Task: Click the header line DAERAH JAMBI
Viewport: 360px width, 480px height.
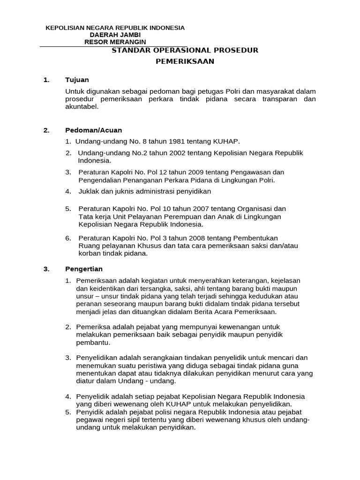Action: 115,35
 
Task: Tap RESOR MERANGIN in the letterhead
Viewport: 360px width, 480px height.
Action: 115,42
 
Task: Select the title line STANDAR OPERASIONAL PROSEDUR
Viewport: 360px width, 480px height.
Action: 185,50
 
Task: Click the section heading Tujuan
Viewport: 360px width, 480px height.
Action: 77,80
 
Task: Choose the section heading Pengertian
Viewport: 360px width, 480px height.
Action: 83,269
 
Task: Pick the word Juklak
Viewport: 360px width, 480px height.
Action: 88,191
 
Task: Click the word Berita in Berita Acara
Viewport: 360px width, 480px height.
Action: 199,311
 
